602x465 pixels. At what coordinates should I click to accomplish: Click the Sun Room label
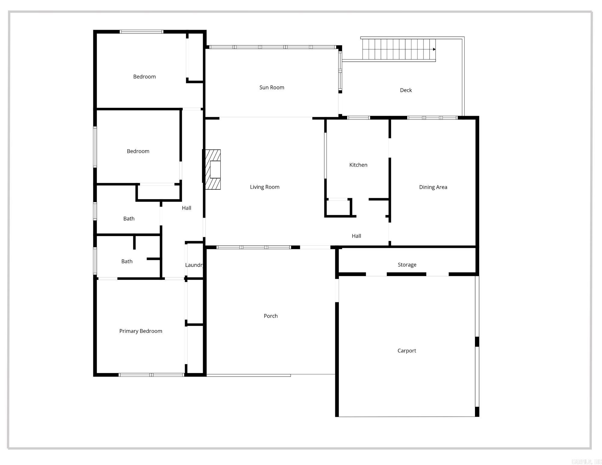point(272,88)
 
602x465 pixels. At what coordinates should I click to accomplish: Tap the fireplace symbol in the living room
point(213,169)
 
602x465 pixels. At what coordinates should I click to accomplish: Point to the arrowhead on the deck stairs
point(434,49)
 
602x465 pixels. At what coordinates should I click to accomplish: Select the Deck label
point(405,90)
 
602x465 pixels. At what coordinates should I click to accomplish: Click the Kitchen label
point(358,165)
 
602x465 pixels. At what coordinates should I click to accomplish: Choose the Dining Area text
point(433,187)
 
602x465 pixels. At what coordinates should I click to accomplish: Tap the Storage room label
point(407,265)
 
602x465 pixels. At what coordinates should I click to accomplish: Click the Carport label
point(406,351)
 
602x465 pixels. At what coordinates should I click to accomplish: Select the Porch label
point(270,316)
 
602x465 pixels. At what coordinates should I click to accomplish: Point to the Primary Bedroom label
point(141,331)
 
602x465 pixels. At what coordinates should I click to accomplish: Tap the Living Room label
point(265,187)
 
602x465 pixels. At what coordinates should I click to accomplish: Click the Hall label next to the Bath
point(186,208)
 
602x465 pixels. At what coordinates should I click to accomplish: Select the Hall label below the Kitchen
point(356,236)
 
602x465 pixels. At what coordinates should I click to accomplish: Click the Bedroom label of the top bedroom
point(144,77)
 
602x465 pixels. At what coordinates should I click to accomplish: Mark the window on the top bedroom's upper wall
point(141,32)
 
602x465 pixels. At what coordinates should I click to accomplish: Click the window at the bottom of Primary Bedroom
point(151,375)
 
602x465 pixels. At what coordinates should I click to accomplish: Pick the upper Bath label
point(129,219)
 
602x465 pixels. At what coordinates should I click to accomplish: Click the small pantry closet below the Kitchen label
point(337,208)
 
